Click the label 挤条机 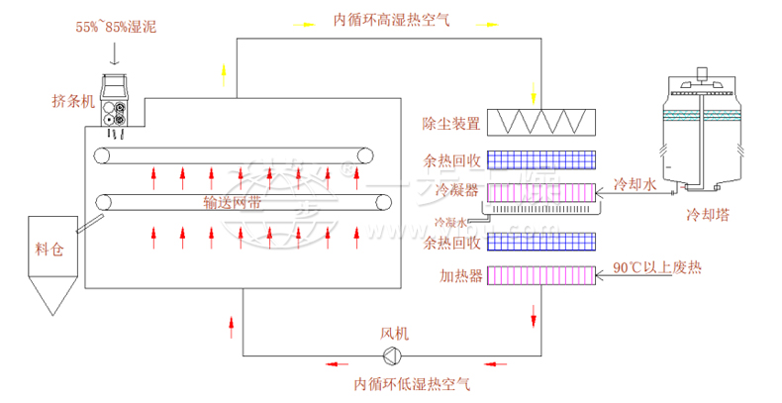click(73, 100)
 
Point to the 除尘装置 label click(451, 124)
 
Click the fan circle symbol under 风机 click(393, 356)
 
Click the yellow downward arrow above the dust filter click(536, 92)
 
